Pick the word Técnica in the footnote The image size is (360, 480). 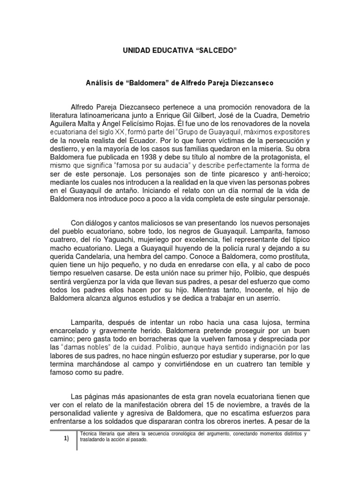click(x=90, y=434)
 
